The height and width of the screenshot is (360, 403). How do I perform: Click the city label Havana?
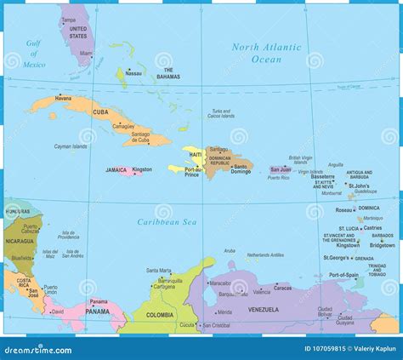pyautogui.click(x=64, y=98)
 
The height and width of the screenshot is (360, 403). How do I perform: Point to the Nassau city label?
pyautogui.click(x=133, y=73)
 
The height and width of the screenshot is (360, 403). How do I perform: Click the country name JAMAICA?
pyautogui.click(x=116, y=169)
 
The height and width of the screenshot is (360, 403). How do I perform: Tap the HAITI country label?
pyautogui.click(x=196, y=154)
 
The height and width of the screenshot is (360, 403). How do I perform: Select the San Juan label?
pyautogui.click(x=280, y=169)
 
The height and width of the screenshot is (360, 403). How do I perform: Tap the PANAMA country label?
pyautogui.click(x=99, y=311)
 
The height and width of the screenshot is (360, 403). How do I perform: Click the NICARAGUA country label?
pyautogui.click(x=19, y=240)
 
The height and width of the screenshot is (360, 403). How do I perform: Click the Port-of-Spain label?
pyautogui.click(x=344, y=275)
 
